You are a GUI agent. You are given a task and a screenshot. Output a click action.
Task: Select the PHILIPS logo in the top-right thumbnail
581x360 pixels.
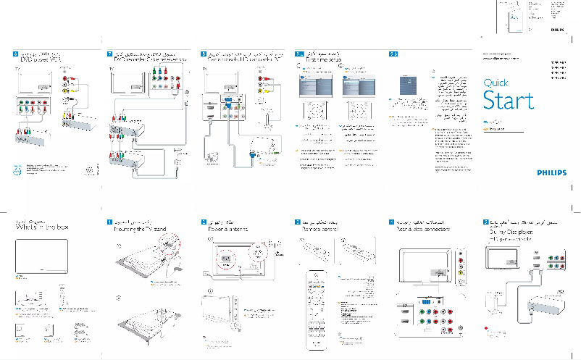(x=556, y=31)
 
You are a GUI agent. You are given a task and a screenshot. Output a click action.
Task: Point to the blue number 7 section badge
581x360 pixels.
(x=109, y=54)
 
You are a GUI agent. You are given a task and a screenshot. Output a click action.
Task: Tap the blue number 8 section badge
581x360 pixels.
(x=204, y=54)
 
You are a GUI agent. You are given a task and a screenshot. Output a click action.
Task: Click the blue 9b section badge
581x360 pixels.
(x=393, y=54)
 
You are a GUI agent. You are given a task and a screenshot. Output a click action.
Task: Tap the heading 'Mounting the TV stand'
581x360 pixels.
(x=141, y=228)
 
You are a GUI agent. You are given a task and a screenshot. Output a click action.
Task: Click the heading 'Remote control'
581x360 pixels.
(x=321, y=228)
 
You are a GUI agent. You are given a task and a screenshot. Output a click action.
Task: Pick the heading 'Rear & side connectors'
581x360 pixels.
(x=425, y=228)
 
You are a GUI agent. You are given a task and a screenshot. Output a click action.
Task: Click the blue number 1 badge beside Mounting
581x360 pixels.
(x=109, y=220)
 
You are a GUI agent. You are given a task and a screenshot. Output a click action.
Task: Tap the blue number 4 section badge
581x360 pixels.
(x=391, y=220)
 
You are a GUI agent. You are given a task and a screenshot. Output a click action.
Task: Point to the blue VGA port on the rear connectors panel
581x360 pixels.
(x=427, y=302)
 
